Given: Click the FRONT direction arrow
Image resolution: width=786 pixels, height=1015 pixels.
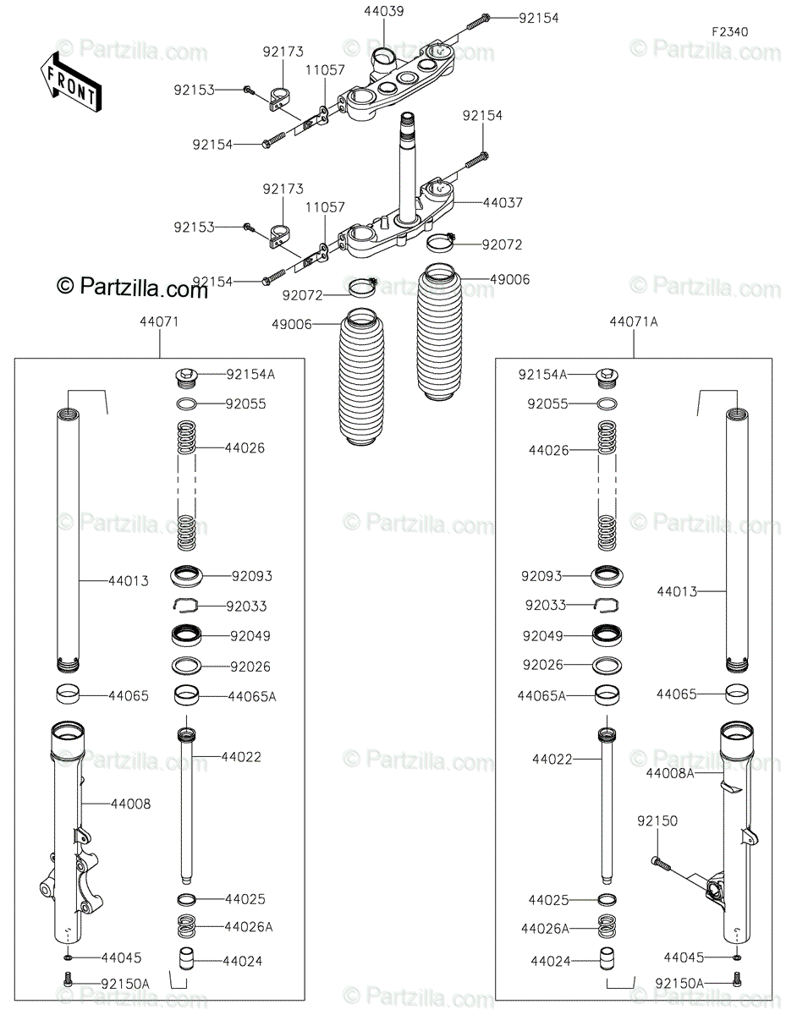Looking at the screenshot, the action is [70, 83].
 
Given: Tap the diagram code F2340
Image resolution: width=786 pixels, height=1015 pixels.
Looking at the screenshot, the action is [729, 32].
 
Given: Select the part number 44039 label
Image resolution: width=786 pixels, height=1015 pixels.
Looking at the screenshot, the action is [384, 11].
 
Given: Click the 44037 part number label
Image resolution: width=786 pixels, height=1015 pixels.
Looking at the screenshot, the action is [503, 202].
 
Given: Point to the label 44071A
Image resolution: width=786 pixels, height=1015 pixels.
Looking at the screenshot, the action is [633, 321].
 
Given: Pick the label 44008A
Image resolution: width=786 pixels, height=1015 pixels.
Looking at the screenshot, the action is [670, 773].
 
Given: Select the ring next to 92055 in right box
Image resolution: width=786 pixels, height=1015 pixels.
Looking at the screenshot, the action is [607, 403].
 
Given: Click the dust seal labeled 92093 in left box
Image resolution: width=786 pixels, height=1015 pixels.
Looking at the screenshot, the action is [186, 576].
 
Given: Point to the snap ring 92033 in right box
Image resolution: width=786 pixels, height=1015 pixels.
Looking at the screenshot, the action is [606, 605].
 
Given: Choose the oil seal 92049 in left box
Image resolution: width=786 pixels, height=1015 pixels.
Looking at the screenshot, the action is [186, 636].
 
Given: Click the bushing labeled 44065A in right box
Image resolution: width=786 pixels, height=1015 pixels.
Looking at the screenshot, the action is [607, 695].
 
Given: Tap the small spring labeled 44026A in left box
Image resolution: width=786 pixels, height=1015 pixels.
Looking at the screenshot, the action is [186, 926].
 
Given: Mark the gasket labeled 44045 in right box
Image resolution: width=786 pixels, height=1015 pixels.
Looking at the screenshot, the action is [736, 957].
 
